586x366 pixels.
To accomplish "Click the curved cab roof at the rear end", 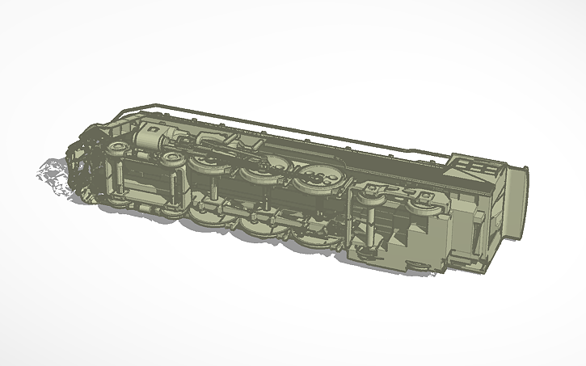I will pyautogui.click(x=515, y=202).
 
